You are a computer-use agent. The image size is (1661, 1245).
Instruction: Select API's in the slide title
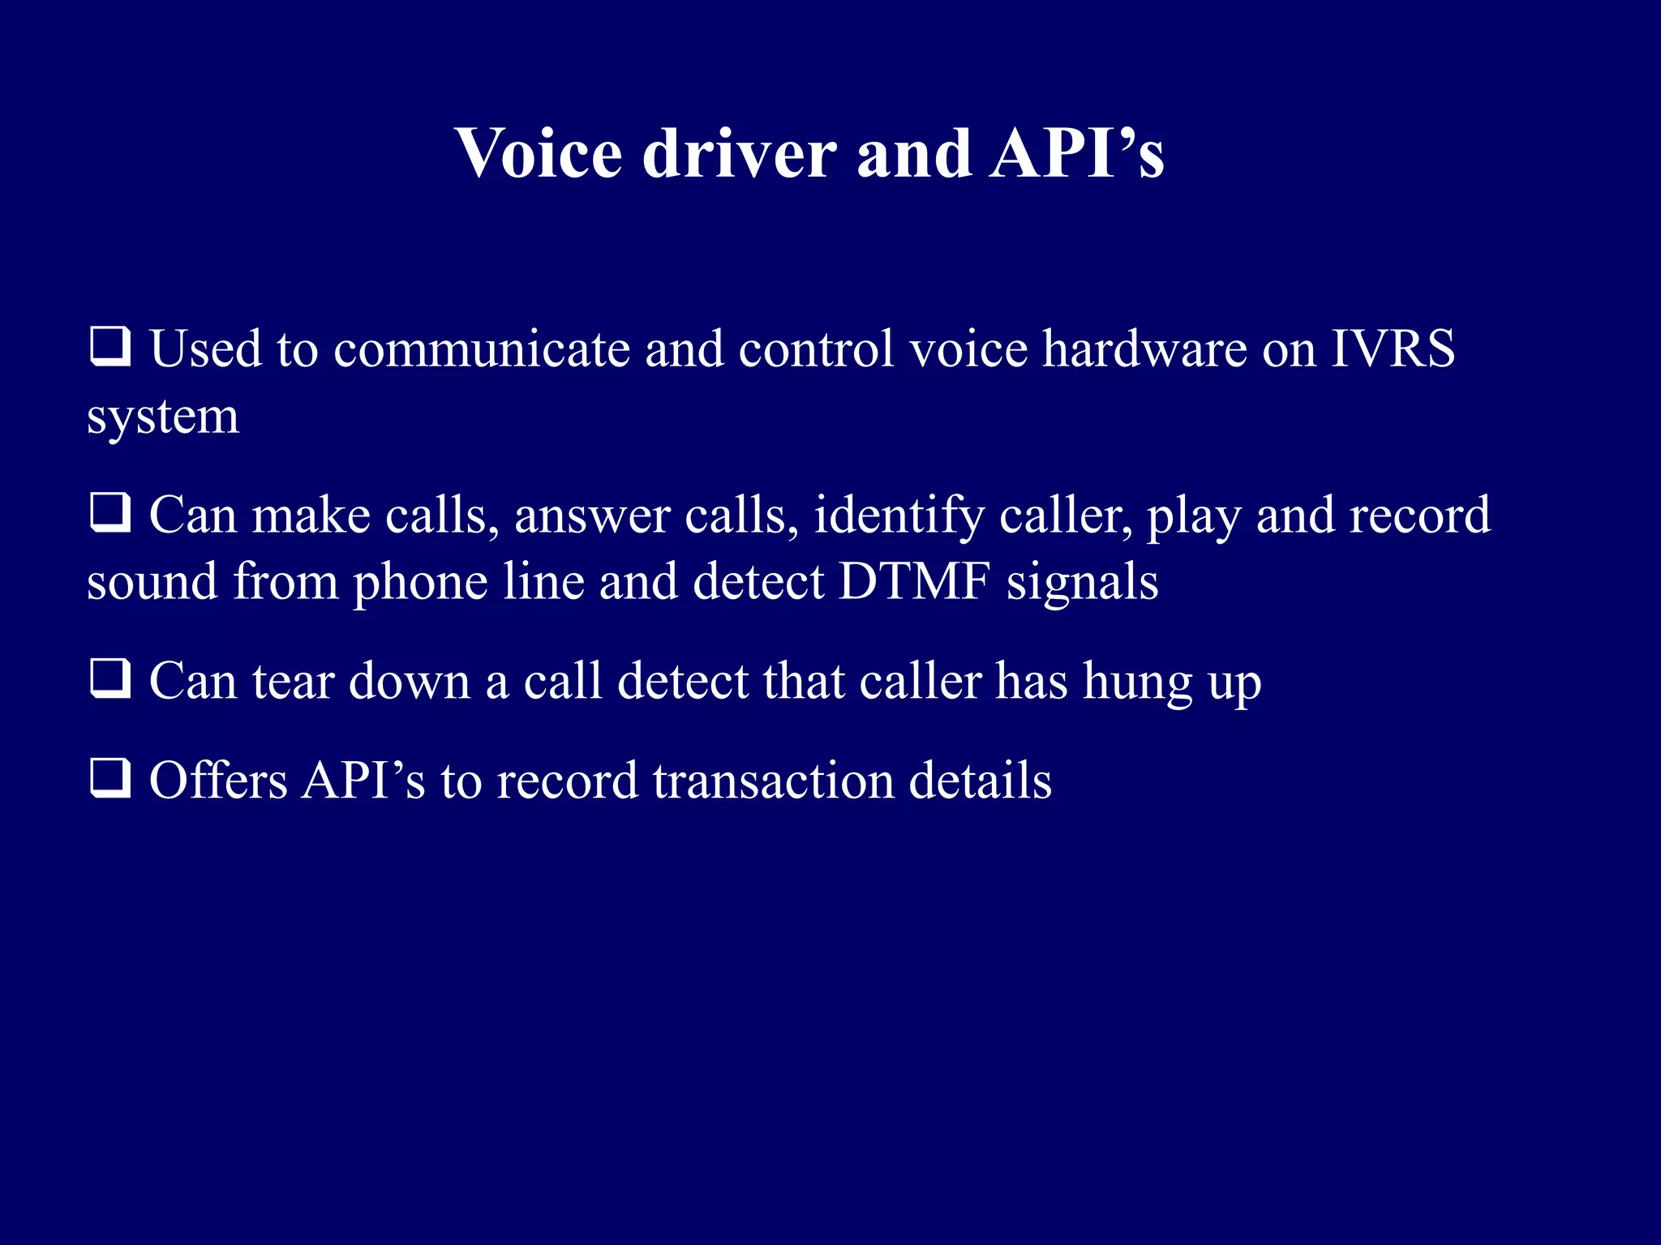[x=1076, y=153]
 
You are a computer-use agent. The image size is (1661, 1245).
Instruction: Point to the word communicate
[x=482, y=349]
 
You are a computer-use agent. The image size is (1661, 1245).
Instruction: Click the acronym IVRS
[x=1393, y=349]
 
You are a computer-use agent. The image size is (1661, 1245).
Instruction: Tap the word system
[x=163, y=418]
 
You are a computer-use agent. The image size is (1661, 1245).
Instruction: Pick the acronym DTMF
[x=914, y=582]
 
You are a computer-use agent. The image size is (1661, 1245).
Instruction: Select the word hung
[x=1138, y=682]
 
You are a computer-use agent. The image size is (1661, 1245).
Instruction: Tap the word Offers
[x=218, y=781]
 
